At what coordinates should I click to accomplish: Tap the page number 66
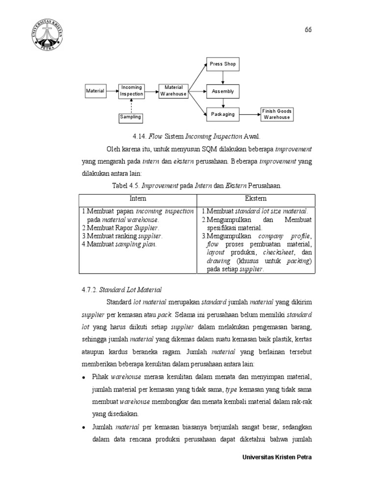pyautogui.click(x=308, y=29)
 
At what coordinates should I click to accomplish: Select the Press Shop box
pyautogui.click(x=223, y=64)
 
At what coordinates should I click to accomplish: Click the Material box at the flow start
pyautogui.click(x=95, y=91)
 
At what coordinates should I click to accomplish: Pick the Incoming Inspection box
pyautogui.click(x=132, y=91)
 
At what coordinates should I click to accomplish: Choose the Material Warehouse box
pyautogui.click(x=173, y=91)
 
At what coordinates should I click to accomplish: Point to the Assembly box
pyautogui.click(x=223, y=91)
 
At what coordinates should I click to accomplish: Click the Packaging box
pyautogui.click(x=223, y=114)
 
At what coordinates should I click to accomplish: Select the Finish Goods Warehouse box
pyautogui.click(x=277, y=114)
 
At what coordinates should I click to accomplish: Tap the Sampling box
pyautogui.click(x=131, y=117)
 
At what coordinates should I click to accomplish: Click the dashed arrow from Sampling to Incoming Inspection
pyautogui.click(x=131, y=105)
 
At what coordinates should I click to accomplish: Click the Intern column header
pyautogui.click(x=137, y=199)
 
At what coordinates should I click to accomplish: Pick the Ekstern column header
pyautogui.click(x=256, y=199)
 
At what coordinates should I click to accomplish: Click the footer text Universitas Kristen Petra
pyautogui.click(x=277, y=457)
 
